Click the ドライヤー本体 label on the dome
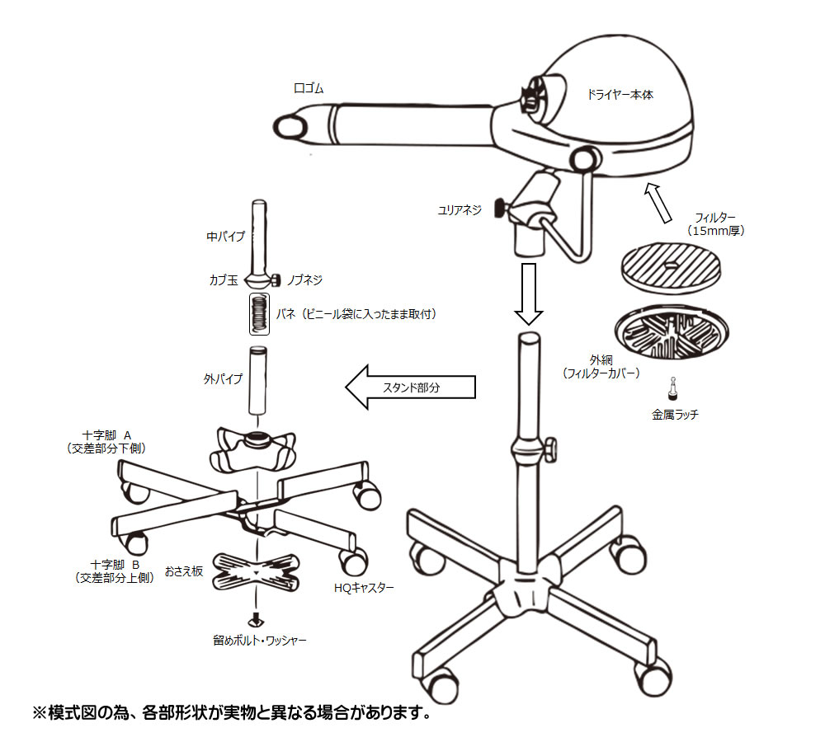click(620, 95)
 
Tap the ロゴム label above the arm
click(309, 88)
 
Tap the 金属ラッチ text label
click(674, 415)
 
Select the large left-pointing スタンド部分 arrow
click(410, 387)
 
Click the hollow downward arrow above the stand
click(528, 293)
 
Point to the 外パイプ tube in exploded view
click(259, 383)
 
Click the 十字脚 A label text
click(113, 433)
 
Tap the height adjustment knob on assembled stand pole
click(549, 448)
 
